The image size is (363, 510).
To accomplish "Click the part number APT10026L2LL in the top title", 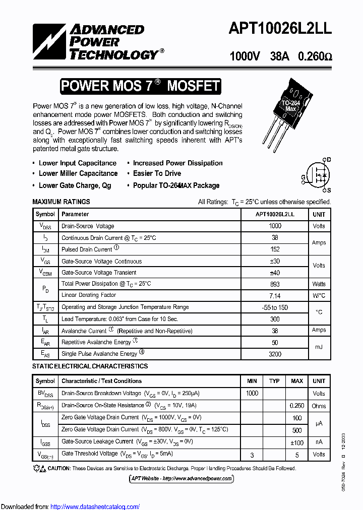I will (x=280, y=29).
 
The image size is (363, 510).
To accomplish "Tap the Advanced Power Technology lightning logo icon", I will (x=49, y=43).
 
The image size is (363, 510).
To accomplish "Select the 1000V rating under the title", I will (x=245, y=56).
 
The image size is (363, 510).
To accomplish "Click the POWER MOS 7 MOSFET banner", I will (x=140, y=86).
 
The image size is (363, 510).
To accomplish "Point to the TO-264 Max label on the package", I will (x=290, y=106).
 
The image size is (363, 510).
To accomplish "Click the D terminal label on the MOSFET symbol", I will (x=329, y=159).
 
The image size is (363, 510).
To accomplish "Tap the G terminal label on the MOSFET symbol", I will (x=304, y=177).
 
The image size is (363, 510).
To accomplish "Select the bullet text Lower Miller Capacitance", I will (x=78, y=173).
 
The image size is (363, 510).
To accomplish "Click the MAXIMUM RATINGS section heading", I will (x=61, y=202).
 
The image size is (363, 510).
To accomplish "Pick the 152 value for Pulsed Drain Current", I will (x=275, y=249).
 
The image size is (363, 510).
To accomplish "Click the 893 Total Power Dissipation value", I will (x=275, y=284).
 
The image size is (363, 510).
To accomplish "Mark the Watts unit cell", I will (x=319, y=284).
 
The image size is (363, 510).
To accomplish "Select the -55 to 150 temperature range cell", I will (x=275, y=307).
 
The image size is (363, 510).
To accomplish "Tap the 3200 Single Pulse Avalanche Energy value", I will (x=275, y=354).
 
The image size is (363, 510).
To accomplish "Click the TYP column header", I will (x=274, y=381).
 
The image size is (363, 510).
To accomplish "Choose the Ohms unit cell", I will (x=319, y=406).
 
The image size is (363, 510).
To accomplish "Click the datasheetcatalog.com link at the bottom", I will (x=95, y=507).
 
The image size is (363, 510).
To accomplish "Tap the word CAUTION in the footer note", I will (x=59, y=469).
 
